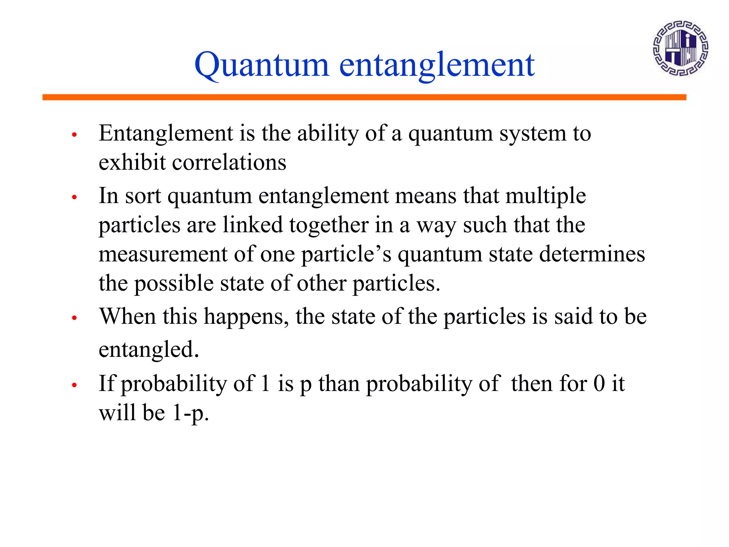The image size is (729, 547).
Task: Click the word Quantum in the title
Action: tap(261, 65)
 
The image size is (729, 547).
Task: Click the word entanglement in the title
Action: tap(437, 65)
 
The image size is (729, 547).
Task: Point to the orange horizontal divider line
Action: tap(364, 97)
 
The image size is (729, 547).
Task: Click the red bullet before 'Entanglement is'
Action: tap(74, 135)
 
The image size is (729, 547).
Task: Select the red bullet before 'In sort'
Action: tap(74, 197)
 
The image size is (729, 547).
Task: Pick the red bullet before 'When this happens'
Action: tap(74, 318)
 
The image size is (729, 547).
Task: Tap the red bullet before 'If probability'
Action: tap(74, 385)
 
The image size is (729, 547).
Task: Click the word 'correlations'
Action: tap(229, 163)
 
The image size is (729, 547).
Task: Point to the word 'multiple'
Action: tap(545, 196)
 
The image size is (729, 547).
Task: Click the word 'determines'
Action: tap(592, 254)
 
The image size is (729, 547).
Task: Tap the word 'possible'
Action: tap(174, 284)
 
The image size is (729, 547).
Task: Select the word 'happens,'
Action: tap(246, 317)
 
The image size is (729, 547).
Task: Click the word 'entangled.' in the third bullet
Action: tap(148, 350)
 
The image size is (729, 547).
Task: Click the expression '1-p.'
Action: tap(190, 413)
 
